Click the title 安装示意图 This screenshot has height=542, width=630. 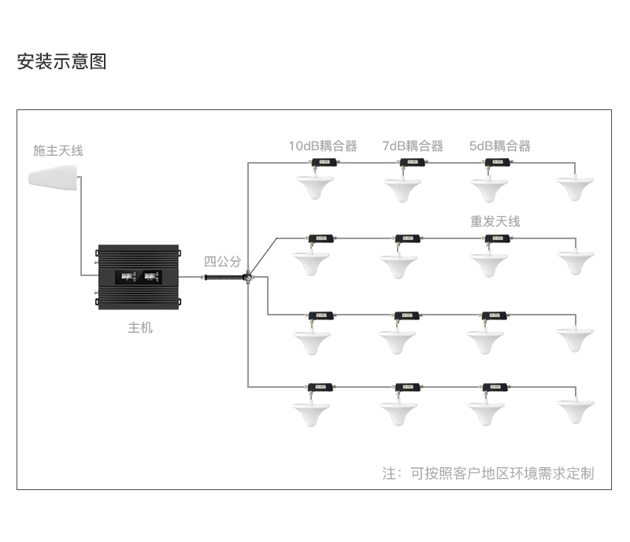pos(61,61)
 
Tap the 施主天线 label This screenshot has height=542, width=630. pos(57,150)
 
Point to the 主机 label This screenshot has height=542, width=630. pos(140,327)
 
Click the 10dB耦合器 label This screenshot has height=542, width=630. pos(322,146)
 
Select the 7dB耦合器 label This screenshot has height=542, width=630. pos(413,146)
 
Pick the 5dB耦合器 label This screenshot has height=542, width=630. pos(499,146)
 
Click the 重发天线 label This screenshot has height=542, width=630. pos(495,222)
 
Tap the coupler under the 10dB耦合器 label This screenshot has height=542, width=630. pos(323,163)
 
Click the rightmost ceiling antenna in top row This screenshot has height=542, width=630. pos(576,188)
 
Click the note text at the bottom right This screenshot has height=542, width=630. pos(488,473)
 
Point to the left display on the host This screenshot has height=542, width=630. pos(126,277)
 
